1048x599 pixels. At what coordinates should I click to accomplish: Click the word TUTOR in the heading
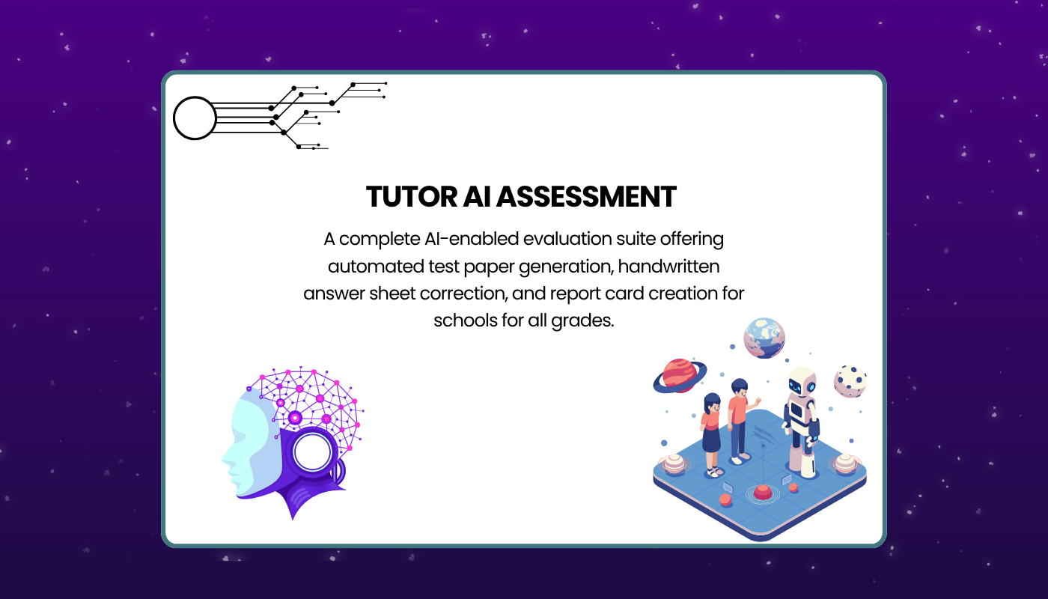(411, 196)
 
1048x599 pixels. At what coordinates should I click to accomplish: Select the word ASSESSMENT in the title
(586, 196)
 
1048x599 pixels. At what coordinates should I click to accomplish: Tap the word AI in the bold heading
(477, 196)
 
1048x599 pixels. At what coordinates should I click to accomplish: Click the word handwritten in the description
(668, 267)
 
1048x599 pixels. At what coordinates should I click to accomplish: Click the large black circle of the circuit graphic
(195, 118)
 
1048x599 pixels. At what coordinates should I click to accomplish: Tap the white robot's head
(802, 381)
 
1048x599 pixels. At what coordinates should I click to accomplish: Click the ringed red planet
(680, 376)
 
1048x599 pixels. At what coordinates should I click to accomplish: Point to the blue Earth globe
(764, 338)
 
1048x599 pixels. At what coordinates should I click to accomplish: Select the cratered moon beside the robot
(850, 381)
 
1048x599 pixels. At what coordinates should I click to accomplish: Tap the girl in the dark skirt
(712, 435)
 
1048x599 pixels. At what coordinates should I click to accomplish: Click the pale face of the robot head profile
(243, 445)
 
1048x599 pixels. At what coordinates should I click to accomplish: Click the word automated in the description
(376, 267)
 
